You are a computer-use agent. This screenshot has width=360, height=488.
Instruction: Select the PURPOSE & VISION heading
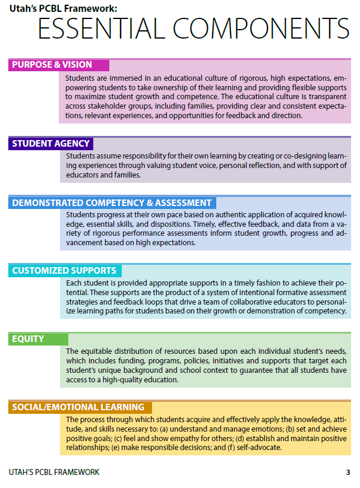click(52, 65)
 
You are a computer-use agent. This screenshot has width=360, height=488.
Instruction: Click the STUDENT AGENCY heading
click(51, 143)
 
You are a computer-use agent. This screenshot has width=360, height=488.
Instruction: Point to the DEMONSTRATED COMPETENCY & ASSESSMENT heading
click(112, 202)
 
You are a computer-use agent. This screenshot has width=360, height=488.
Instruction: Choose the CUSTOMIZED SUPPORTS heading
click(64, 271)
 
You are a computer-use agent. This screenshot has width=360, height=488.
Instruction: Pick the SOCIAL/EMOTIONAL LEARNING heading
click(78, 407)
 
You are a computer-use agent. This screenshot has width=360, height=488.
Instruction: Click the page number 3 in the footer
click(348, 473)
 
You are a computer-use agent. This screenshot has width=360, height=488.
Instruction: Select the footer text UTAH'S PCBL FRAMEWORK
click(55, 473)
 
